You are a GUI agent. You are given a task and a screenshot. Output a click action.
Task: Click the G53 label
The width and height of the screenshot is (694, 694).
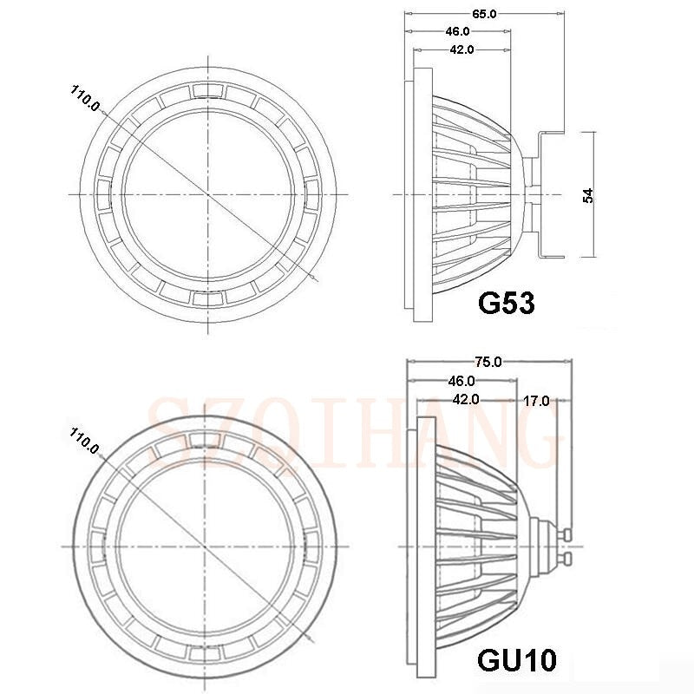[506, 303]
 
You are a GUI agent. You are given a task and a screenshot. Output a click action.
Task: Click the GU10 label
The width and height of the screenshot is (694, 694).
[517, 660]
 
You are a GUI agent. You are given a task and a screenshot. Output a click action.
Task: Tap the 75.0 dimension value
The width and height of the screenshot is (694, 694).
[488, 362]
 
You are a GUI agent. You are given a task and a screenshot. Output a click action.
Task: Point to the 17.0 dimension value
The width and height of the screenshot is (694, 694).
[535, 400]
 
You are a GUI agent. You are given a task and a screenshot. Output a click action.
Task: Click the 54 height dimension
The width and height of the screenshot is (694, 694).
[587, 195]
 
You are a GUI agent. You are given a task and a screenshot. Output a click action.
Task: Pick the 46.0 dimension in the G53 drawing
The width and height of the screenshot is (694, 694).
[458, 31]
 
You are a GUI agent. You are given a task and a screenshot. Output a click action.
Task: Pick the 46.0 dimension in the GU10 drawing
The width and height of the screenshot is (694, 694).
[460, 380]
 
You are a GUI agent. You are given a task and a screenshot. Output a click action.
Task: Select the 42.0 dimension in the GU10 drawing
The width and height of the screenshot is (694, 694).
[465, 399]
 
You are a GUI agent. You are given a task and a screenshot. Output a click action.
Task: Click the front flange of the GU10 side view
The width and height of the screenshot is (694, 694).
[424, 547]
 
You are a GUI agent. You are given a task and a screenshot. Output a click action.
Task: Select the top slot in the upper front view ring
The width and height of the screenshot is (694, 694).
[208, 90]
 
